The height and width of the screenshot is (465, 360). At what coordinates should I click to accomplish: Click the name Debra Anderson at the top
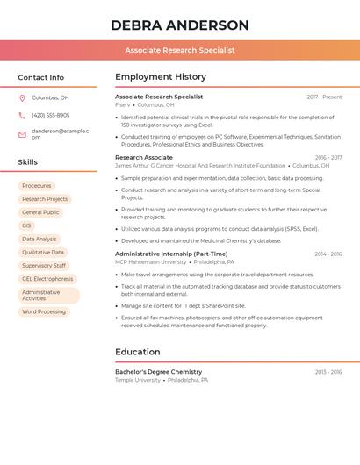[179, 25]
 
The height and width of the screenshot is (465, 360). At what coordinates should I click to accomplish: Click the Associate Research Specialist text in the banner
[179, 50]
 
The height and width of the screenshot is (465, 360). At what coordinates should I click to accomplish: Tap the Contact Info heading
[41, 77]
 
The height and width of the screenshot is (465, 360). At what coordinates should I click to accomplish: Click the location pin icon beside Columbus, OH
[22, 98]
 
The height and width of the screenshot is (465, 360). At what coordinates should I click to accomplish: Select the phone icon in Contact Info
[22, 115]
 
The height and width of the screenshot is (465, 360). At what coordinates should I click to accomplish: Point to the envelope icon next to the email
[22, 134]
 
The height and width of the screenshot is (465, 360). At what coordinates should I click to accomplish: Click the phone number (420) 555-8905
[50, 115]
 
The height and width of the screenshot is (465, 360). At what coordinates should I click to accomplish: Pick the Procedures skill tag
[37, 186]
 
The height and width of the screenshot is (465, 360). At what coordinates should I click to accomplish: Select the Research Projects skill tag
[45, 199]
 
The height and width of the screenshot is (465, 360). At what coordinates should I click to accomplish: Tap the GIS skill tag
[26, 225]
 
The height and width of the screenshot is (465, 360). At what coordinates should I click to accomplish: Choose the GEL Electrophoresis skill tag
[47, 279]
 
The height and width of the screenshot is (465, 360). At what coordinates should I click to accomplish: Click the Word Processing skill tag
[44, 311]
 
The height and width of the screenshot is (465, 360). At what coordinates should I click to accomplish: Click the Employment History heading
[161, 77]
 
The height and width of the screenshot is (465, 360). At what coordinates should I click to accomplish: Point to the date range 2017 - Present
[324, 97]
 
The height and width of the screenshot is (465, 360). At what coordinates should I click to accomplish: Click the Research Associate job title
[144, 158]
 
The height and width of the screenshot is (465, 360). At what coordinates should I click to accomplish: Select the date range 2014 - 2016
[328, 254]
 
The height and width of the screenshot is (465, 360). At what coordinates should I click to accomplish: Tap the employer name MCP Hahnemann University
[150, 262]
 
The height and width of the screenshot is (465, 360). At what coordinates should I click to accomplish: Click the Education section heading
[138, 352]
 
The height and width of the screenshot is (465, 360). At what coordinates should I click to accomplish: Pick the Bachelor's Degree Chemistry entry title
[158, 372]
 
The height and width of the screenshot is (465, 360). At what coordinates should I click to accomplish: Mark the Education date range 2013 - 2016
[328, 372]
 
